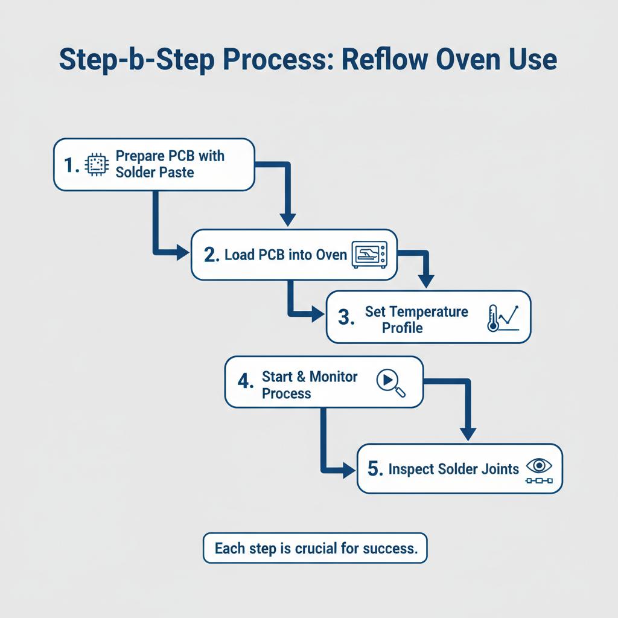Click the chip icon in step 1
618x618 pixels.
point(95,165)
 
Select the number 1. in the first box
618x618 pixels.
point(71,165)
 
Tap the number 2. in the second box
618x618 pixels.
point(211,255)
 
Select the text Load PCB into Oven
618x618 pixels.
point(285,255)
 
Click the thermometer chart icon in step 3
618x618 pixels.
point(502,317)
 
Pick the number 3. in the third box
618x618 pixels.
point(346,318)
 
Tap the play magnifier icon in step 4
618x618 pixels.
point(390,383)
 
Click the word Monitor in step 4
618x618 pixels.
point(334,377)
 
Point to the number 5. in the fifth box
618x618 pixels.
point(375,470)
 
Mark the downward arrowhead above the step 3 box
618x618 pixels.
point(427,281)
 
